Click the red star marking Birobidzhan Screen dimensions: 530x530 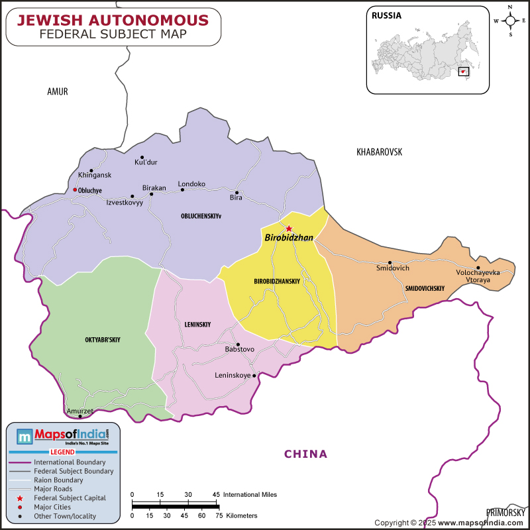pyautogui.click(x=289, y=229)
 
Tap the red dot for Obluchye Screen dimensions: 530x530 pyautogui.click(x=75, y=190)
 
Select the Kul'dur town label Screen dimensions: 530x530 pyautogui.click(x=146, y=162)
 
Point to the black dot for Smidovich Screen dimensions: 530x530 pyautogui.click(x=390, y=262)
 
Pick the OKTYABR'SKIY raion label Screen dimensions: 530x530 pyautogui.click(x=103, y=340)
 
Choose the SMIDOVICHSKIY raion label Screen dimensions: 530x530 pyautogui.click(x=424, y=288)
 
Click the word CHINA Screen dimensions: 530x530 pyautogui.click(x=305, y=454)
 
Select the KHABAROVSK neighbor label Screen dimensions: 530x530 pyautogui.click(x=379, y=152)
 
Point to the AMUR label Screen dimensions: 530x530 pyautogui.click(x=58, y=92)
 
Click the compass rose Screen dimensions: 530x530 pyautogui.click(x=511, y=21)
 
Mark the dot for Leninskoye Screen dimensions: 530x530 pyautogui.click(x=254, y=375)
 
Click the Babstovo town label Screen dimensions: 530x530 pyautogui.click(x=240, y=348)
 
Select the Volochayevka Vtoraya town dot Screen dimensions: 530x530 pyautogui.click(x=478, y=268)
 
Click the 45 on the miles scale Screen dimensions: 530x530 pyautogui.click(x=216, y=494)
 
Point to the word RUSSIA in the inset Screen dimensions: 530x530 pyautogui.click(x=386, y=15)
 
